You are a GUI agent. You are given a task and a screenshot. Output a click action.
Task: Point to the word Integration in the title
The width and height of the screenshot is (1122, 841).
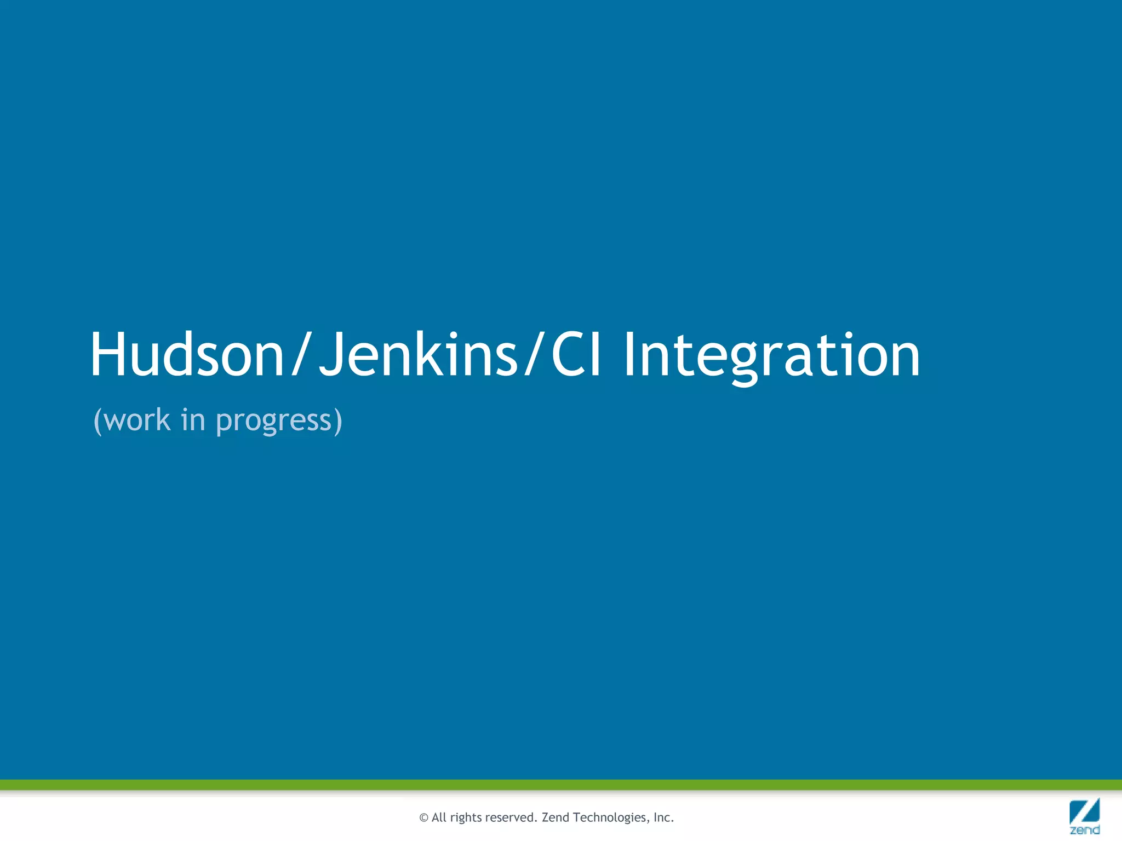pos(771,356)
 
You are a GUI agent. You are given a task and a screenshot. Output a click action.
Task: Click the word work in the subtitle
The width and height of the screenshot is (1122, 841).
pos(136,420)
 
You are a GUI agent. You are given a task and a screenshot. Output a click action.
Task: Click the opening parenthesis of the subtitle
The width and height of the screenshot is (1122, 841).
pos(98,420)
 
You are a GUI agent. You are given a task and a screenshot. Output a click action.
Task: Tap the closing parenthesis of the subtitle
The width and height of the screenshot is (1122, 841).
pos(339,420)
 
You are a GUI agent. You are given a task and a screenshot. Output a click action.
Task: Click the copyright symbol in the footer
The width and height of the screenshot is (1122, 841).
pos(423,818)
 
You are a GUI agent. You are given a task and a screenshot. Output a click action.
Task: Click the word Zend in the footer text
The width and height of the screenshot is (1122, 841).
pos(555,817)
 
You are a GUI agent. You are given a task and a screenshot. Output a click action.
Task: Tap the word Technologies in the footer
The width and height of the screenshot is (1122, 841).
pos(609,818)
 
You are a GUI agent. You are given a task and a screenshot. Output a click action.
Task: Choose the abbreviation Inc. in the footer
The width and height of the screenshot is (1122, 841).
pos(663,817)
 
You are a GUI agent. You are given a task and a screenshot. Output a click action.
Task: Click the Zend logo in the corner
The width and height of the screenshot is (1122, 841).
pos(1084,816)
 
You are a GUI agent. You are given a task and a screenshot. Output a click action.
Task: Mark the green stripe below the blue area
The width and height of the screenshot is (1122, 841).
pos(561,785)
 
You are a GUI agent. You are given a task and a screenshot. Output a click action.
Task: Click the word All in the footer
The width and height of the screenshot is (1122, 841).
pos(439,817)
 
